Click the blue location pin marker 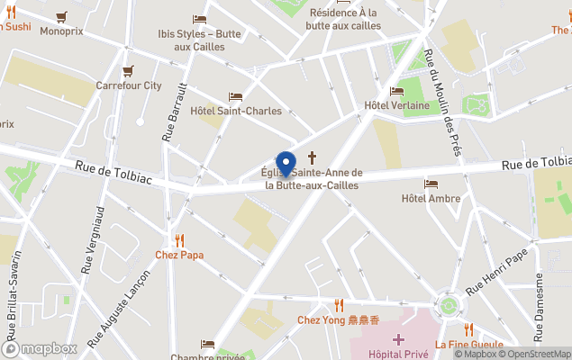tap(286, 165)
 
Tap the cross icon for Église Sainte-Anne tap(313, 157)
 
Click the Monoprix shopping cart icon tap(61, 16)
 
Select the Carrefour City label tap(129, 85)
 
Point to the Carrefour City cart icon tap(128, 70)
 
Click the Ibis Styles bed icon tap(199, 19)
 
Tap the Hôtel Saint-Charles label tap(236, 112)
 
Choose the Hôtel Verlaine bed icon tap(396, 91)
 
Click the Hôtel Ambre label tap(431, 198)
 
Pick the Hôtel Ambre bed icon tap(431, 184)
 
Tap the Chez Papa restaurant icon tap(179, 240)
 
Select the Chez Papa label tap(179, 255)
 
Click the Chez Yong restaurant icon tap(340, 305)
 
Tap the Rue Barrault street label tap(175, 112)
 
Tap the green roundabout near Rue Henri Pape tap(449, 304)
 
